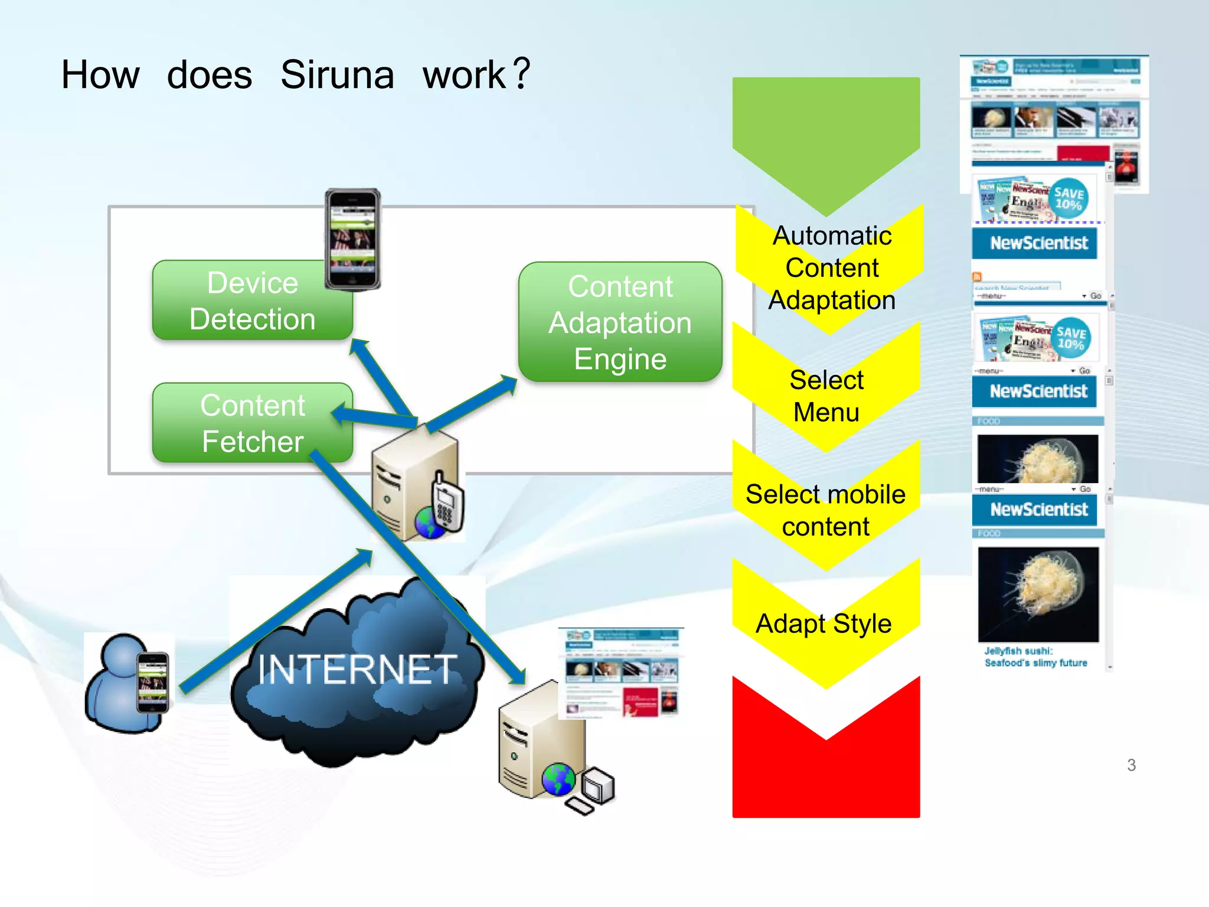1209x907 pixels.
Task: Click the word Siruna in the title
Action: [337, 76]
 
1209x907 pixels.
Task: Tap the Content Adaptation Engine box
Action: [620, 322]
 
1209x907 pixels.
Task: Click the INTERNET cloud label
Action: [357, 670]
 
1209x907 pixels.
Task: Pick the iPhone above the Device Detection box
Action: [353, 239]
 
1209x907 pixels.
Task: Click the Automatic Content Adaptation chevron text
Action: [831, 268]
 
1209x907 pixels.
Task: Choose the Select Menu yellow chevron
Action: [826, 396]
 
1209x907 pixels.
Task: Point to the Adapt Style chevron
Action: [824, 624]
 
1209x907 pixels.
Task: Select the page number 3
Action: [1131, 765]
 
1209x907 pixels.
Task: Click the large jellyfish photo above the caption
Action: [1038, 593]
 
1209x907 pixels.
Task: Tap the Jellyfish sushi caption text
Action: [1035, 657]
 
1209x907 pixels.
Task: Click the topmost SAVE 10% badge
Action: [1069, 198]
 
